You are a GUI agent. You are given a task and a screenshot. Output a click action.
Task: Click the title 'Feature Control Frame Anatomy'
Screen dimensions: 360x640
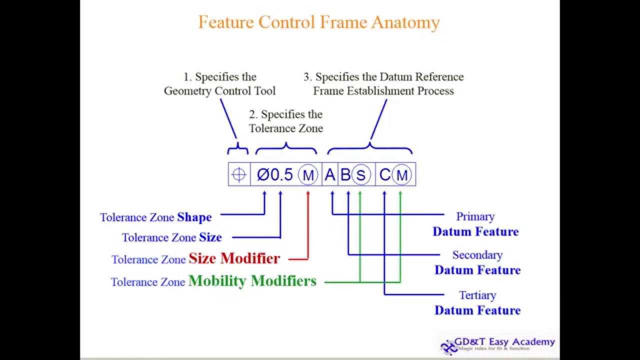coord(319,22)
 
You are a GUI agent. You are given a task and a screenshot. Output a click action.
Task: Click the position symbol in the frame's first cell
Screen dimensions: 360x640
coord(239,174)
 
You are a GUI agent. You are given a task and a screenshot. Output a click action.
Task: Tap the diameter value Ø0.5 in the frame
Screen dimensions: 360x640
coord(275,174)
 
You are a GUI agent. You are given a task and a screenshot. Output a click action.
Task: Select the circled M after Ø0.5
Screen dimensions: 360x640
coord(308,175)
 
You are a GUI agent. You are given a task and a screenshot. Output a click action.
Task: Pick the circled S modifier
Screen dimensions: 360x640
coord(360,175)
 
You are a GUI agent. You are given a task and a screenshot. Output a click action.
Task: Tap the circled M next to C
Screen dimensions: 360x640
coord(401,175)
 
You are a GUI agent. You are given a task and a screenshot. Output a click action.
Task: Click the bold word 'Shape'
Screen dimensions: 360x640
coord(194,217)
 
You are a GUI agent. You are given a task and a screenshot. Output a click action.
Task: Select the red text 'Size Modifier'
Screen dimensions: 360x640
coord(234,258)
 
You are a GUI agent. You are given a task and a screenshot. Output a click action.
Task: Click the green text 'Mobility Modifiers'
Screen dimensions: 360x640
coord(252,281)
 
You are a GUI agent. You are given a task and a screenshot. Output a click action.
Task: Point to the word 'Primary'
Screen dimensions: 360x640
coord(475,216)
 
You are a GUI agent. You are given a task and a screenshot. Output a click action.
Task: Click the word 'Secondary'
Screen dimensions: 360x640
coord(477,255)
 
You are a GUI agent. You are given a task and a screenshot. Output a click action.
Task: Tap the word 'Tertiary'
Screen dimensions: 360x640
coord(477,295)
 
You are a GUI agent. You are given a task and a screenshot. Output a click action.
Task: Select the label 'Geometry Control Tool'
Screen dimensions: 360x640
coord(219,91)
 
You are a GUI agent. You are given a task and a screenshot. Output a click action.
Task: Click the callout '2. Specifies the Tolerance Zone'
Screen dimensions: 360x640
coord(286,121)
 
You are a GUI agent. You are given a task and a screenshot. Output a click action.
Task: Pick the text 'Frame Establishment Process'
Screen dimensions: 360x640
coord(383,91)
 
